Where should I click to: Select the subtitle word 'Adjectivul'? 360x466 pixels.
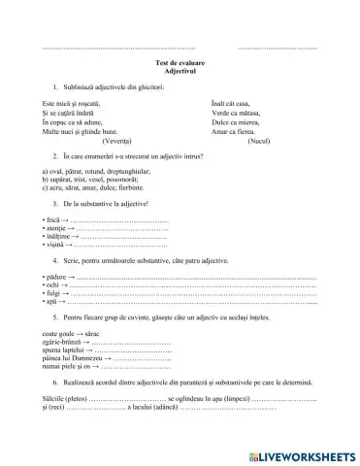pyautogui.click(x=180, y=72)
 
